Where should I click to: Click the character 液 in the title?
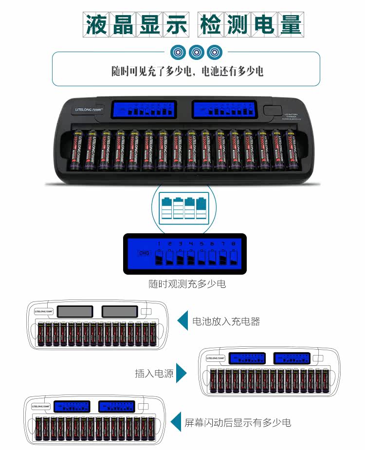click(x=96, y=24)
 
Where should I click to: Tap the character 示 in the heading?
click(x=176, y=24)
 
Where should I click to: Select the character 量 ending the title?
click(x=291, y=24)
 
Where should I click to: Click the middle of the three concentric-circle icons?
click(x=197, y=52)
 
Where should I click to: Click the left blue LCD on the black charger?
click(x=144, y=109)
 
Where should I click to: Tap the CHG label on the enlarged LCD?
click(x=144, y=253)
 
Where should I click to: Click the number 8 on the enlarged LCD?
click(x=234, y=243)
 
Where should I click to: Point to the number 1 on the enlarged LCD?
click(x=159, y=243)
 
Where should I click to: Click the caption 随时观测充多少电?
click(x=187, y=284)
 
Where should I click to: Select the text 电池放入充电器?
click(x=226, y=321)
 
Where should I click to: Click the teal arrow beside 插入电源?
click(x=182, y=374)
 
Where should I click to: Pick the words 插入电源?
click(x=154, y=374)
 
